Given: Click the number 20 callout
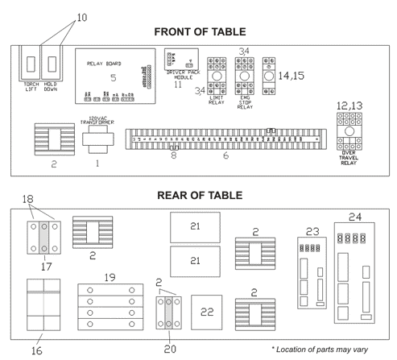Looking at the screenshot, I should [x=170, y=348].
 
